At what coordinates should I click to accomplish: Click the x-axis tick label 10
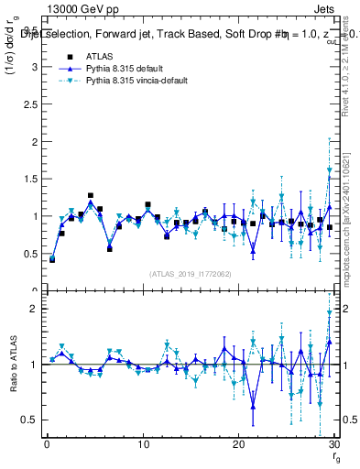(x=142, y=444)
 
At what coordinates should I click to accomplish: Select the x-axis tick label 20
(x=238, y=444)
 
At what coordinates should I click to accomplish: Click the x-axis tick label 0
(x=47, y=444)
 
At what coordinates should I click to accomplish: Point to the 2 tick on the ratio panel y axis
(x=37, y=309)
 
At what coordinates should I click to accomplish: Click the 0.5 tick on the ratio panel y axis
(x=33, y=420)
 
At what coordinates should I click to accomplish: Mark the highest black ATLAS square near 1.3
(x=91, y=195)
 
